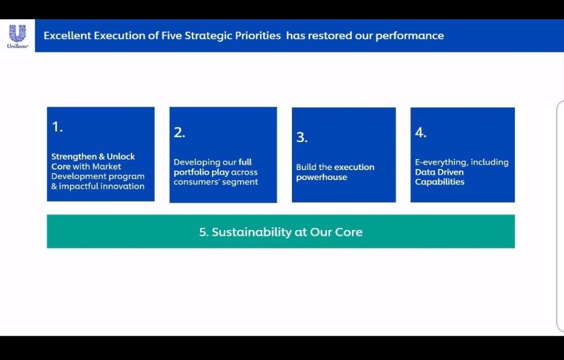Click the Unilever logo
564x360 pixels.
tap(17, 36)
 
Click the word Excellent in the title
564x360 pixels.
tap(67, 36)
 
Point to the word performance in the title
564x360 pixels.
tap(410, 36)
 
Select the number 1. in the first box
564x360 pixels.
tap(57, 127)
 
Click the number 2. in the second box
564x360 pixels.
tap(180, 132)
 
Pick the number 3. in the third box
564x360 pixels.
tap(302, 137)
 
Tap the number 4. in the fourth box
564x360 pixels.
tap(421, 132)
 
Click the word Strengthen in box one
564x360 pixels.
tap(74, 157)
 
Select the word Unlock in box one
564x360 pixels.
tap(121, 156)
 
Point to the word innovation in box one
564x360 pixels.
tap(122, 186)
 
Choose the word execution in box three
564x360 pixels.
tap(354, 167)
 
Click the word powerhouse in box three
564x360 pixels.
tap(322, 177)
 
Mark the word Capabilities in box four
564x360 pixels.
tap(440, 182)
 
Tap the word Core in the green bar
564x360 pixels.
tap(349, 232)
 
